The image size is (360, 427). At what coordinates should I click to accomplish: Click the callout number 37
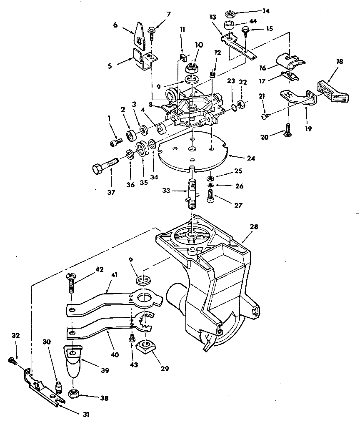point(111,192)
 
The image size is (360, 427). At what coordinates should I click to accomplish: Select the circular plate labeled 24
point(192,152)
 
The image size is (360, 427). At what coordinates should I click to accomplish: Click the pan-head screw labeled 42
point(70,283)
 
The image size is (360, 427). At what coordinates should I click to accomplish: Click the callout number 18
point(339,62)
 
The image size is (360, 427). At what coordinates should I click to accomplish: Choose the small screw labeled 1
point(116,142)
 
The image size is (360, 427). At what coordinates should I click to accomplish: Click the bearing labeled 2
point(132,135)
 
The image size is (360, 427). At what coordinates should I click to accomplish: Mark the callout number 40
point(115,354)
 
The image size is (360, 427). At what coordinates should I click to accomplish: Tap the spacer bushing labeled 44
point(230,25)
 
